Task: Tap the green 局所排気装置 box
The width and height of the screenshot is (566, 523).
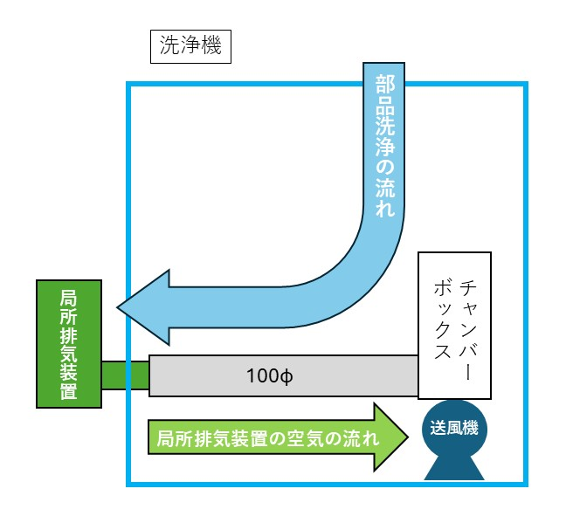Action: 69,343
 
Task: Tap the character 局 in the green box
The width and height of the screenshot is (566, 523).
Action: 69,296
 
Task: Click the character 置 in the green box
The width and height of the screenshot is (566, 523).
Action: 69,391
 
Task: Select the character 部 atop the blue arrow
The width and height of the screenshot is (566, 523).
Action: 384,84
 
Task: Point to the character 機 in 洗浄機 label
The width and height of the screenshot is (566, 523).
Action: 212,47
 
